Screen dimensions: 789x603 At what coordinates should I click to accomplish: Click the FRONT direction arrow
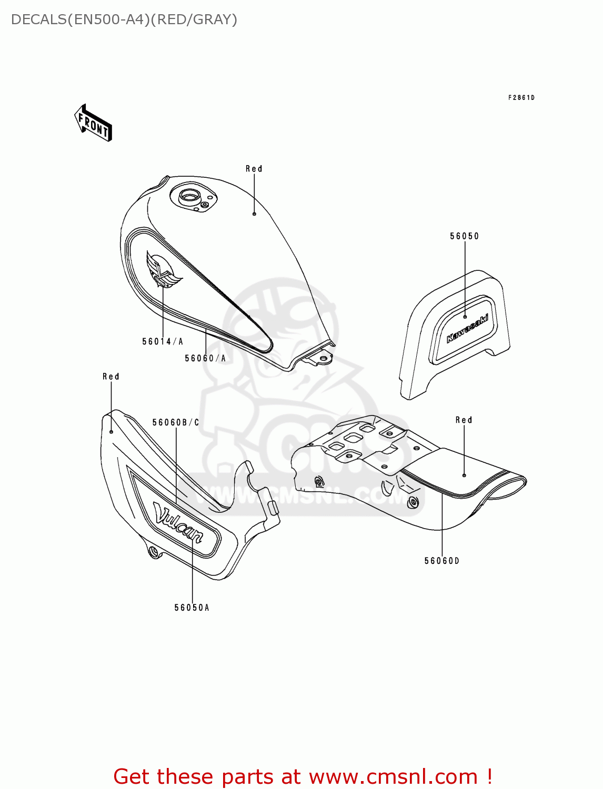coord(94,123)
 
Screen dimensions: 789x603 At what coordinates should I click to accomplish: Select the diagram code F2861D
coord(521,97)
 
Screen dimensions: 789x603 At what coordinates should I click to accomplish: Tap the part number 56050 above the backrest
coord(464,236)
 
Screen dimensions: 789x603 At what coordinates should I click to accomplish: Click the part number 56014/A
coord(163,341)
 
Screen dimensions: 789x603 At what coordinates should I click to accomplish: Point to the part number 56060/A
coord(205,358)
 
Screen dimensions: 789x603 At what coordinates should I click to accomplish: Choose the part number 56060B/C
coord(176,422)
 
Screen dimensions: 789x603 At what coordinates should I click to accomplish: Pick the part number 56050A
coord(192,608)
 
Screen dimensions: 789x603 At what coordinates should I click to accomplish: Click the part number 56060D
coord(442,561)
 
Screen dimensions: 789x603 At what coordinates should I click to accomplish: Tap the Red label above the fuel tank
coord(254,169)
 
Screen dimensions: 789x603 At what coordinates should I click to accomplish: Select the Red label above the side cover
coord(111,377)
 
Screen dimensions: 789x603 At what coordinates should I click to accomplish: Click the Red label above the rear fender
coord(464,420)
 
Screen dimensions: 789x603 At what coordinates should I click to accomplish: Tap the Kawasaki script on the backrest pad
coord(467,328)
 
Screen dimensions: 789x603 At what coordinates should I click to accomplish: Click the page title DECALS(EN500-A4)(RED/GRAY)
coord(124,19)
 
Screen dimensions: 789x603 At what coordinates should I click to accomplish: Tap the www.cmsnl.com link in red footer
coord(393,776)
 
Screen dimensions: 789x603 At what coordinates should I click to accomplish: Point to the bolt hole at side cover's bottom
coord(153,551)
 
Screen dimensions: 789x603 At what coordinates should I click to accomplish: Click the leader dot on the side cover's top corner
coord(112,431)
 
